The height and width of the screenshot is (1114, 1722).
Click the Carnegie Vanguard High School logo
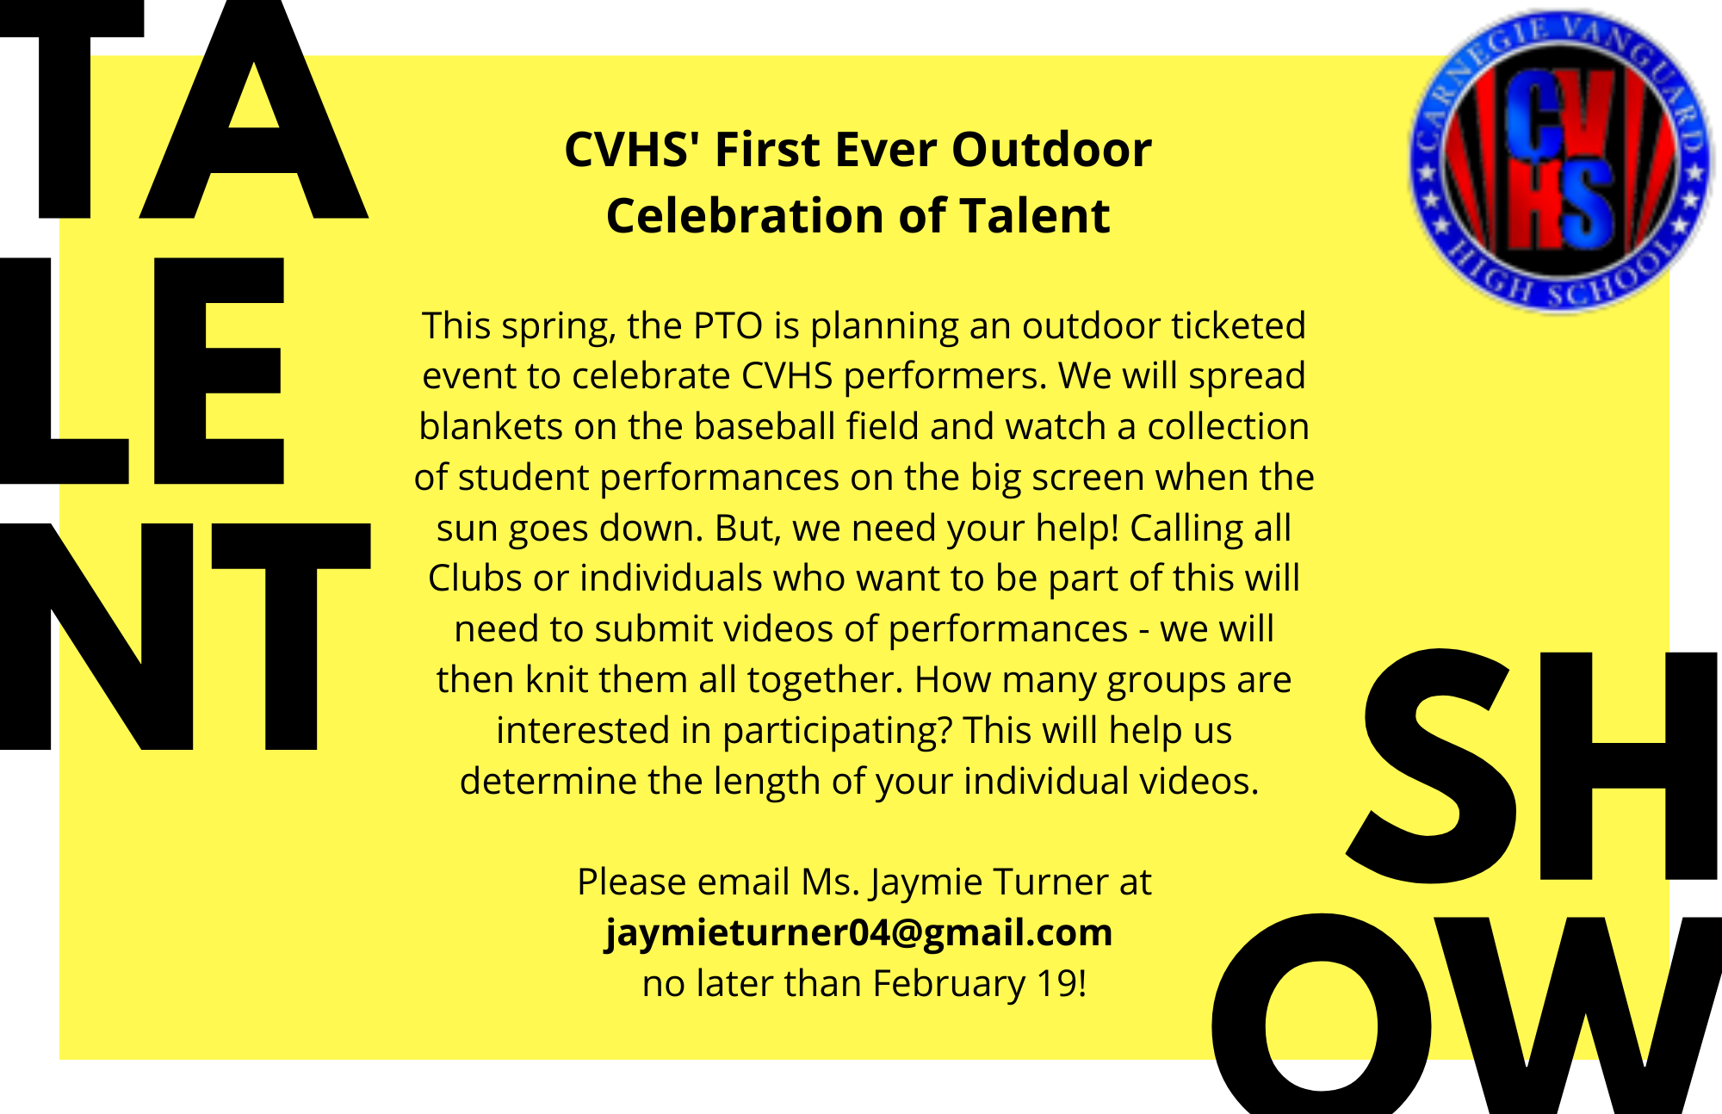(x=1561, y=161)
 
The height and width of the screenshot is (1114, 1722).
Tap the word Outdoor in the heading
(x=1051, y=150)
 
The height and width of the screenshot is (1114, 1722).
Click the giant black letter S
(x=1431, y=766)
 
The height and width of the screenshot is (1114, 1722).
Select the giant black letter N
(x=96, y=637)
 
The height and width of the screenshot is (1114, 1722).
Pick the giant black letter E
(x=219, y=370)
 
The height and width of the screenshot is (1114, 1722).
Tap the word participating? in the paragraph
(x=837, y=732)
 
